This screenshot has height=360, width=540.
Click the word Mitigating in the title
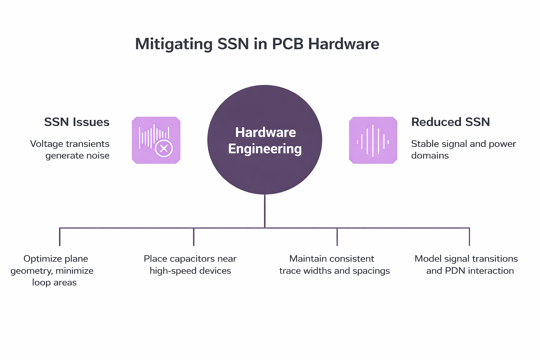pos(174,44)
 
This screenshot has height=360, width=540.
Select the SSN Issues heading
pos(77,122)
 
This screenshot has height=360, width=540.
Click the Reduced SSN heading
pos(450,122)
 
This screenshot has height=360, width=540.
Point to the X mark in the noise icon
pos(164,148)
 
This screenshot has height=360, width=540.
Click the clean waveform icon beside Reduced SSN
pos(373,140)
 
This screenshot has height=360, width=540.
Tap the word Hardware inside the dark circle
pos(265,133)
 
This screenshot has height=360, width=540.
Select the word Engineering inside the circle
pos(265,149)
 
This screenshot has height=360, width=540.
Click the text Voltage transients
pos(70,144)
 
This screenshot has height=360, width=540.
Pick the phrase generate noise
pos(77,155)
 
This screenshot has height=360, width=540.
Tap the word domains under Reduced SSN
pos(430,155)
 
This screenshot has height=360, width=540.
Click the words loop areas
pos(54,282)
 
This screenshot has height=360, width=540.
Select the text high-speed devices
pos(190,271)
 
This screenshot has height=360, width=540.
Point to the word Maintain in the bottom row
pos(306,259)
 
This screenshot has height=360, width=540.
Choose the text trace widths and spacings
pos(334,271)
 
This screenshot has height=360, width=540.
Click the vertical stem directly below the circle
pos(265,211)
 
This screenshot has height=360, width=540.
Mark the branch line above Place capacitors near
pos(194,237)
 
